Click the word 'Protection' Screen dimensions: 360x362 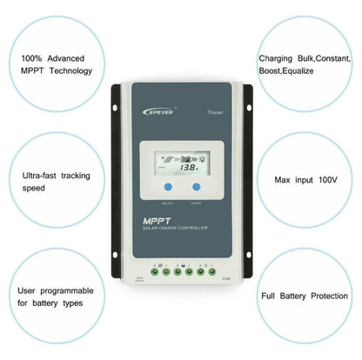coord(322,297)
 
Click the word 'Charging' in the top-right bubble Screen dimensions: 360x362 coord(277,58)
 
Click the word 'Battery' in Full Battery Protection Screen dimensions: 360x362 coord(282,297)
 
